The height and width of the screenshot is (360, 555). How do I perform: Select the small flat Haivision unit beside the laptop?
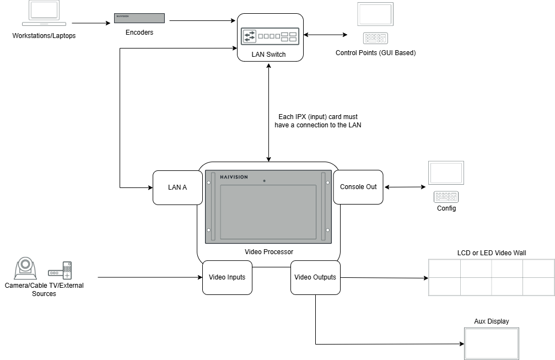pyautogui.click(x=139, y=18)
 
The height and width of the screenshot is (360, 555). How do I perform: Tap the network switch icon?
pyautogui.click(x=270, y=36)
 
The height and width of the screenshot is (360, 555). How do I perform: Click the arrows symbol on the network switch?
pyautogui.click(x=249, y=36)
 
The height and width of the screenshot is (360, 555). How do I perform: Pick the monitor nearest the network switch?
pyautogui.click(x=375, y=14)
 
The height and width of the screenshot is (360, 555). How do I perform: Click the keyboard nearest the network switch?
pyautogui.click(x=375, y=38)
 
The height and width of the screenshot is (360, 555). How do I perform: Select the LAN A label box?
pyautogui.click(x=177, y=187)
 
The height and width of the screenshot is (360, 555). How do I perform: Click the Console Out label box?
pyautogui.click(x=358, y=187)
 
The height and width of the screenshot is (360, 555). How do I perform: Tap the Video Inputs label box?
pyautogui.click(x=227, y=277)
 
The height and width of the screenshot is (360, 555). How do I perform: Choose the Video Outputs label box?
pyautogui.click(x=315, y=277)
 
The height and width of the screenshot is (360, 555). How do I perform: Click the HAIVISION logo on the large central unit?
pyautogui.click(x=234, y=177)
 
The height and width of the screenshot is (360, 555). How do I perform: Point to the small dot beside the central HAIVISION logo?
pyautogui.click(x=264, y=180)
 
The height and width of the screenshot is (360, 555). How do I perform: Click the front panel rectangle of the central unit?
pyautogui.click(x=268, y=212)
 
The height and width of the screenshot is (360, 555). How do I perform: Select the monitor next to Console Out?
pyautogui.click(x=446, y=173)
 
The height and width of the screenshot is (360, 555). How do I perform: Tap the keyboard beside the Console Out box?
pyautogui.click(x=446, y=197)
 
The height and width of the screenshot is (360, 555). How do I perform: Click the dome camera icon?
pyautogui.click(x=25, y=268)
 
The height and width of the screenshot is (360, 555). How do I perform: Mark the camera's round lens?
pyautogui.click(x=25, y=265)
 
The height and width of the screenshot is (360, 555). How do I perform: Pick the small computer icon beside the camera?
pyautogui.click(x=60, y=271)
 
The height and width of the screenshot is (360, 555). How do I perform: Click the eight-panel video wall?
pyautogui.click(x=492, y=277)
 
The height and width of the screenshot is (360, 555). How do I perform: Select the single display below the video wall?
pyautogui.click(x=492, y=343)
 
